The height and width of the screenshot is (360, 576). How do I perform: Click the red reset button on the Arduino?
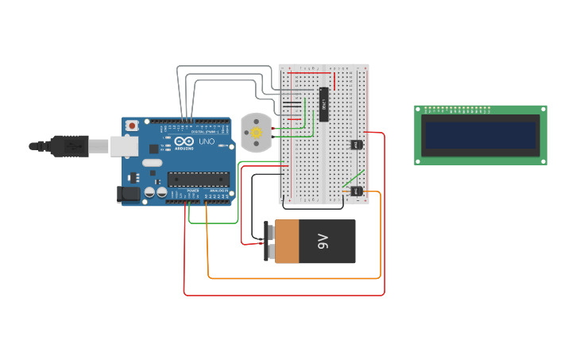point(132,126)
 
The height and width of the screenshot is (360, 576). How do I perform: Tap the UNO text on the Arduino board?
point(206,141)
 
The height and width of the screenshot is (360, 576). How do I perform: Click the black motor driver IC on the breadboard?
point(323,101)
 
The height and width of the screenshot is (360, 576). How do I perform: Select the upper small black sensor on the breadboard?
point(356,144)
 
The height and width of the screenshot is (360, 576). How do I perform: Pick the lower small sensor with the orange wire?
point(356,191)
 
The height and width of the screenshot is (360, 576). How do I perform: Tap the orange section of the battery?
point(287,241)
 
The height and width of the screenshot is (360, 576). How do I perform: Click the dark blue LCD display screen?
point(480,134)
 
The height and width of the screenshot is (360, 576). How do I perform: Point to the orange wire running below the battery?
point(294,278)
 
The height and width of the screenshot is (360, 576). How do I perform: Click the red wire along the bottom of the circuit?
point(286,296)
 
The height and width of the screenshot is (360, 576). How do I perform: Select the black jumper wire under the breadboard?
point(318,208)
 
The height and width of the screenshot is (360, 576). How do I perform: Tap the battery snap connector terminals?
point(269,242)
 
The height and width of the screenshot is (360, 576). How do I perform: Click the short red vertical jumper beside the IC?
point(334,81)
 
